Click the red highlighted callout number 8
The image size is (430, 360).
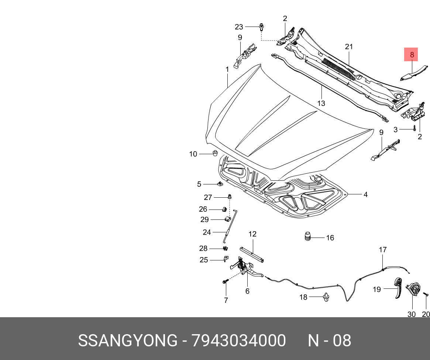tap(412, 55)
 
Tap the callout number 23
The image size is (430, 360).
tap(239, 27)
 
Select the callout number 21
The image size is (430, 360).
tap(349, 47)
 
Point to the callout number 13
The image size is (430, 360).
tap(321, 104)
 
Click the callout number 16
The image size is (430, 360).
tap(330, 238)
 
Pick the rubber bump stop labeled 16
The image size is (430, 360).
tap(306, 236)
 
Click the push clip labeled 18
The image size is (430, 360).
tap(326, 297)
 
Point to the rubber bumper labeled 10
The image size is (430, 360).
tap(214, 153)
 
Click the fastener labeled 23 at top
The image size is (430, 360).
tap(262, 27)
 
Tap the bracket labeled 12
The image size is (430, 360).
tap(252, 255)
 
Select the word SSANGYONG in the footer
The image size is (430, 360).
tap(127, 341)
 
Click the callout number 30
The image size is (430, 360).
tap(411, 314)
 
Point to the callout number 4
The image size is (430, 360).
tap(365, 194)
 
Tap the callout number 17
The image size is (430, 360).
tap(383, 250)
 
